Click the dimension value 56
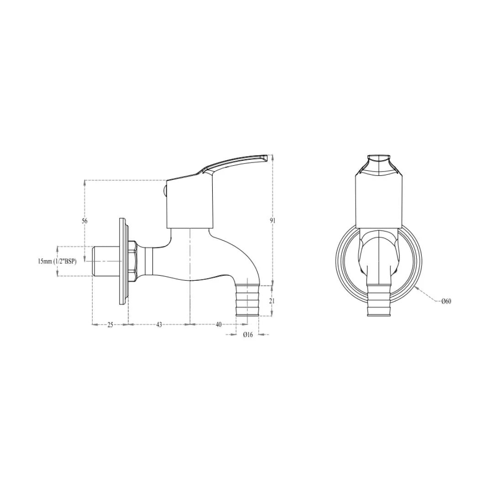84,221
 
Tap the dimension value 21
272,301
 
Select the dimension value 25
110,325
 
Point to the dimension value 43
159,325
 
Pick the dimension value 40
219,325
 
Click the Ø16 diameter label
247,335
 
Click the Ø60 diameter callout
446,301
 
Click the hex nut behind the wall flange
132,261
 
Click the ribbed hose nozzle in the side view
247,300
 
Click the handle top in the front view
379,164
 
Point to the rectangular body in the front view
379,201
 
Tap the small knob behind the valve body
165,190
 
